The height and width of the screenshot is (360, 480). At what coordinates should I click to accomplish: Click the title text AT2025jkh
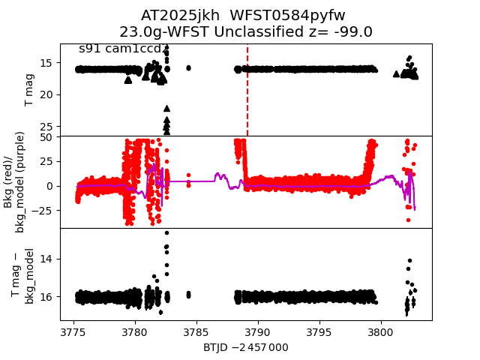pos(176,16)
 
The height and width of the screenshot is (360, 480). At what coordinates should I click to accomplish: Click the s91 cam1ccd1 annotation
pos(121,49)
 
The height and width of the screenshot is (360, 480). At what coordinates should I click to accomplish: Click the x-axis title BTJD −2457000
pos(246,347)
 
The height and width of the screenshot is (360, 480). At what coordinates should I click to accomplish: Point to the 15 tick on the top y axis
pos(46,63)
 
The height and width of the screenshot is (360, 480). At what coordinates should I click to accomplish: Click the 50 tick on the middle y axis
pos(46,137)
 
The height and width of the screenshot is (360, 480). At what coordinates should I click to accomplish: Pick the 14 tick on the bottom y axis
pos(46,259)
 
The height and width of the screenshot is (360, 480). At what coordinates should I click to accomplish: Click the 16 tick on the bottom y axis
pos(46,297)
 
